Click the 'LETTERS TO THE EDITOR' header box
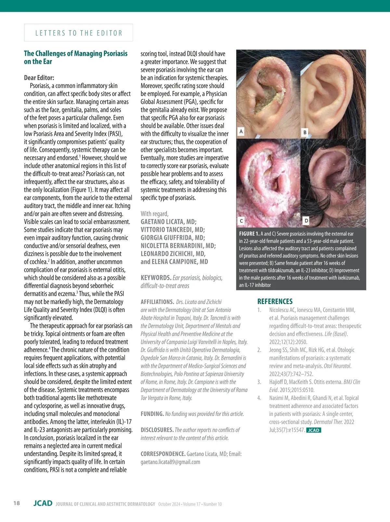coord(78,33)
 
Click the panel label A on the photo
coord(241,131)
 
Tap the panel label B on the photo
coord(305,132)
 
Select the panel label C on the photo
coord(241,221)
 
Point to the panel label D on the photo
coord(306,221)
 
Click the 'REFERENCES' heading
coord(275,301)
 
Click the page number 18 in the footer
coord(17,503)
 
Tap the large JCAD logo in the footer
coord(43,503)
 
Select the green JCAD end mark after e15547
coord(314,430)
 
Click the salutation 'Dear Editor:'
coord(39,78)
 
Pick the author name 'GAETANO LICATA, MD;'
coord(168,222)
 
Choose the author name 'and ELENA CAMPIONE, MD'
coord(174,262)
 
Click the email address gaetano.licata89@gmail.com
coord(170,462)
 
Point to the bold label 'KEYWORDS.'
coord(156,278)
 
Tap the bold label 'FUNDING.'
coord(152,414)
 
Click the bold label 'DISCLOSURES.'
coord(157,430)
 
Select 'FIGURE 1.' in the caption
coord(249,234)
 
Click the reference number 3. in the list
coord(259,382)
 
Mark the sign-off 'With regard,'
coord(154,214)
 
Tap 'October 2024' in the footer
coord(169,504)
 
